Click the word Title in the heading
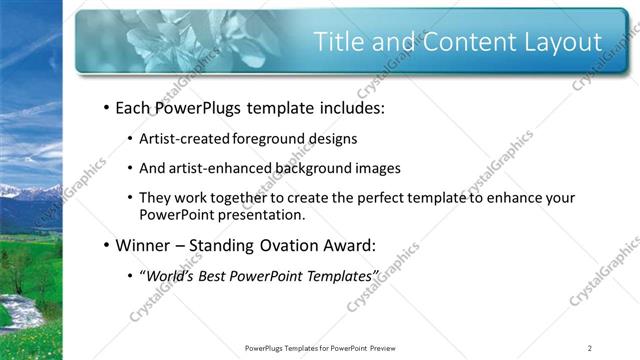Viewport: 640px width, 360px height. click(x=339, y=42)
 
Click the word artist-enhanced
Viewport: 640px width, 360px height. click(x=218, y=167)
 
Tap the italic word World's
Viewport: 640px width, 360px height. click(x=170, y=274)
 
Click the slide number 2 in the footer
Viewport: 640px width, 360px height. click(x=590, y=348)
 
